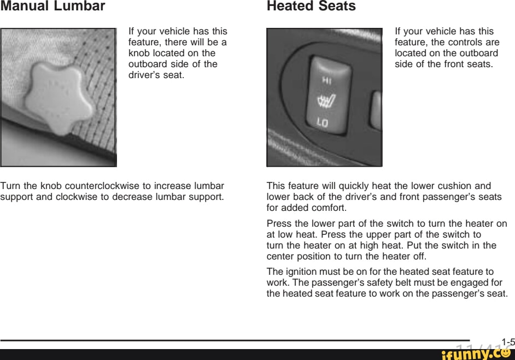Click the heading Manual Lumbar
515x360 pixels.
pos(52,6)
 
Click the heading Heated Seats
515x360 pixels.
pos(311,6)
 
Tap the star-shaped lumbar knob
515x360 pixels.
pos(59,98)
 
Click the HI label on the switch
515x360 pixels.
pos(326,80)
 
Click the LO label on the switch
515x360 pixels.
pos(322,122)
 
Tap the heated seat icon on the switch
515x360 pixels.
pos(326,101)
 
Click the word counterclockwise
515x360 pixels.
pos(102,186)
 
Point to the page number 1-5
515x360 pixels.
pos(508,343)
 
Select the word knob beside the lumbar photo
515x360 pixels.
pos(139,53)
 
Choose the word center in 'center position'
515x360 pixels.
pos(280,256)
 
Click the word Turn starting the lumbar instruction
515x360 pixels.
pos(10,186)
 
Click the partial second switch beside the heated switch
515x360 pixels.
pos(376,110)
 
